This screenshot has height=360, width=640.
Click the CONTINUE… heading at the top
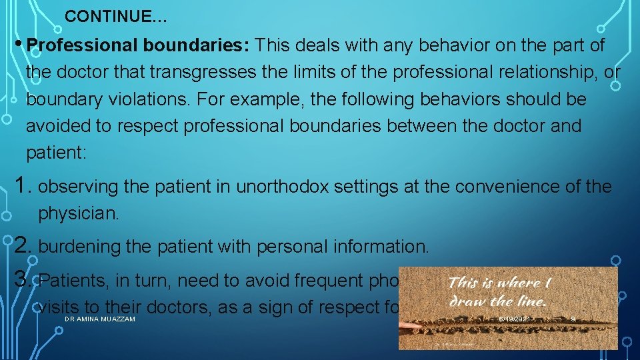coord(117,17)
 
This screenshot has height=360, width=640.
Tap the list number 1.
coord(22,185)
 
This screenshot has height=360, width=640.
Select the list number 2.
coord(22,245)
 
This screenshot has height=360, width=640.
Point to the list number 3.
coord(22,279)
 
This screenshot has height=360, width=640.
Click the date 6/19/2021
coord(515,320)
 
